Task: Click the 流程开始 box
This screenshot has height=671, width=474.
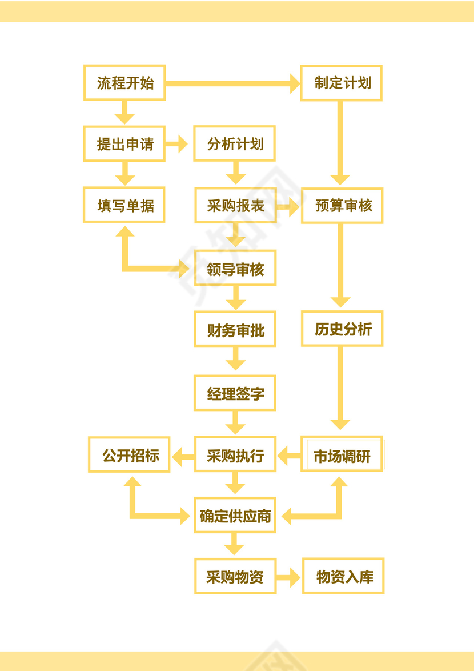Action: point(124,83)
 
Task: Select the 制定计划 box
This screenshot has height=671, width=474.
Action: point(342,83)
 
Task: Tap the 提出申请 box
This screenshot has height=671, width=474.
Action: point(124,144)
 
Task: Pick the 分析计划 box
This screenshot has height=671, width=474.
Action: point(235,144)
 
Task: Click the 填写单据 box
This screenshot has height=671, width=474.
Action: point(124,205)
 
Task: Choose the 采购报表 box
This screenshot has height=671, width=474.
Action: point(235,206)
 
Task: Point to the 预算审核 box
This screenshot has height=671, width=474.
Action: point(342,206)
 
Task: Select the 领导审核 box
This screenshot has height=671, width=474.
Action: point(235,268)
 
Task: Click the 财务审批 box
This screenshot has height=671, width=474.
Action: point(235,329)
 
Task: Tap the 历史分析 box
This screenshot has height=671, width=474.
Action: point(342,329)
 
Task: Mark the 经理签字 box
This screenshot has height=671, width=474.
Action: point(235,393)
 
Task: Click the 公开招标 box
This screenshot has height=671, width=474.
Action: point(129,455)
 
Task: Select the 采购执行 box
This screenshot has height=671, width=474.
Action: point(235,455)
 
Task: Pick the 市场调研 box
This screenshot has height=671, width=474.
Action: point(342,455)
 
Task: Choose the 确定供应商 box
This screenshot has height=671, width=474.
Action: point(235,516)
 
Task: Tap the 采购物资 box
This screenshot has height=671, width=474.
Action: point(235,577)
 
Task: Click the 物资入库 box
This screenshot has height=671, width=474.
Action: point(343,577)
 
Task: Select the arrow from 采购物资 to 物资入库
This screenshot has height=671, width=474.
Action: point(289,577)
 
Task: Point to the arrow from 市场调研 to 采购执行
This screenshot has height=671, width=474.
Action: point(289,456)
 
